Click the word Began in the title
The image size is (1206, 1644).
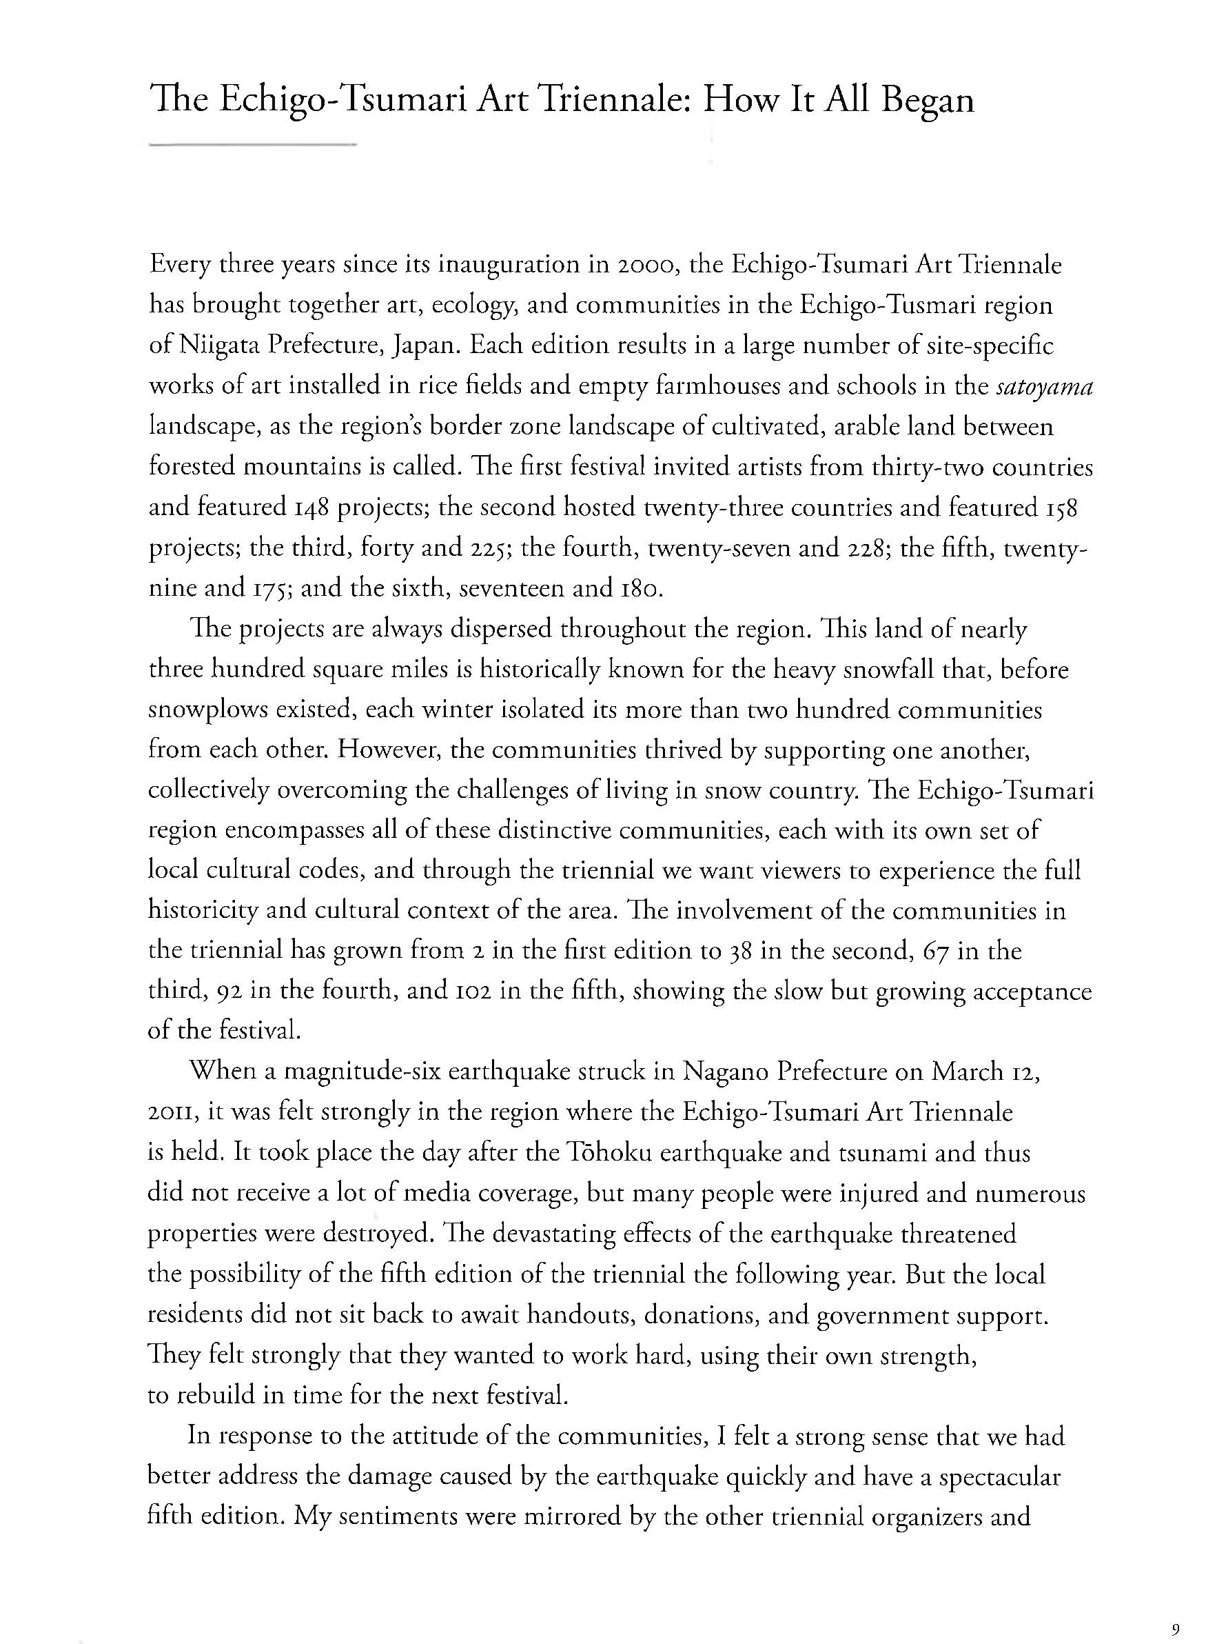pos(927,100)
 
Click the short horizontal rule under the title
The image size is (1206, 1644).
pos(252,146)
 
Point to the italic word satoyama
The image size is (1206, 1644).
pos(1044,385)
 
